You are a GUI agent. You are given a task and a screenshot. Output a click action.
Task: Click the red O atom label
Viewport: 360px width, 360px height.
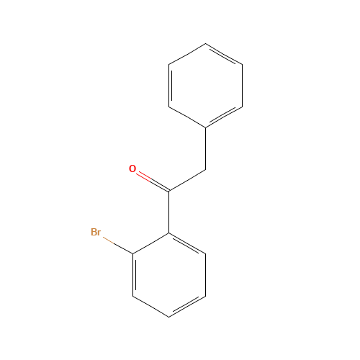[132, 169]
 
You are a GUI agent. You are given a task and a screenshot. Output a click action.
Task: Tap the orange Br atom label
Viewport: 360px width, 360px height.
[96, 232]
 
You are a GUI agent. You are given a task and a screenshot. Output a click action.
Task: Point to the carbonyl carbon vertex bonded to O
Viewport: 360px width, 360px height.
[169, 191]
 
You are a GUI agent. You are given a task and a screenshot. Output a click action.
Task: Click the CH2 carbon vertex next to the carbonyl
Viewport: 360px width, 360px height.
[206, 170]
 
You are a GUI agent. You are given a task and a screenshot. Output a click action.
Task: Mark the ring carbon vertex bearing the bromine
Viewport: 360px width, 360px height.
[133, 253]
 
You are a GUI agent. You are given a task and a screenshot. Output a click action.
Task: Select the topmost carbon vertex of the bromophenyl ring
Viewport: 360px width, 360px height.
[169, 233]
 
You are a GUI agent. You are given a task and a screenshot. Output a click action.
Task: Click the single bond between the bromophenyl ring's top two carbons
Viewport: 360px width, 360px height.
[151, 243]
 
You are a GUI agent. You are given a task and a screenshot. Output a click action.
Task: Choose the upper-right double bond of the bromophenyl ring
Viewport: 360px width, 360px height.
[187, 243]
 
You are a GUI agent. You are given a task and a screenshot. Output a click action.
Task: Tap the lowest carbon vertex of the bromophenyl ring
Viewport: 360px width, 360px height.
[169, 316]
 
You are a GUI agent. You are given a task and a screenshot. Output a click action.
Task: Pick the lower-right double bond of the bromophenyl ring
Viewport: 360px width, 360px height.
[187, 305]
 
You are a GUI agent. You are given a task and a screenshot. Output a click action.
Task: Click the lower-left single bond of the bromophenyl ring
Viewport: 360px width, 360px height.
[151, 305]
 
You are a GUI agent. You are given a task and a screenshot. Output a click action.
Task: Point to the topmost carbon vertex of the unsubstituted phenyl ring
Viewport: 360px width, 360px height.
[206, 45]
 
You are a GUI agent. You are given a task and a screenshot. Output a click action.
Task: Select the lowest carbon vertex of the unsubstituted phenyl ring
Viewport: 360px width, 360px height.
[206, 128]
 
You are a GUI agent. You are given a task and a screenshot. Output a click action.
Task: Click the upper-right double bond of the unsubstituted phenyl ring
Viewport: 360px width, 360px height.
[224, 55]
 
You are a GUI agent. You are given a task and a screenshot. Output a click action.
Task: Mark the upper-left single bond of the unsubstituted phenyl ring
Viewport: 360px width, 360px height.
[187, 55]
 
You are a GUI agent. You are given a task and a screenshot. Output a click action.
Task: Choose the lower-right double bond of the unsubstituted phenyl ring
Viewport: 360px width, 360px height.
[224, 117]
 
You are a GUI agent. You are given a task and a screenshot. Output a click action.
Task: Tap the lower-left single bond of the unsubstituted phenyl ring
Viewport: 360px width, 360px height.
[187, 117]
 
